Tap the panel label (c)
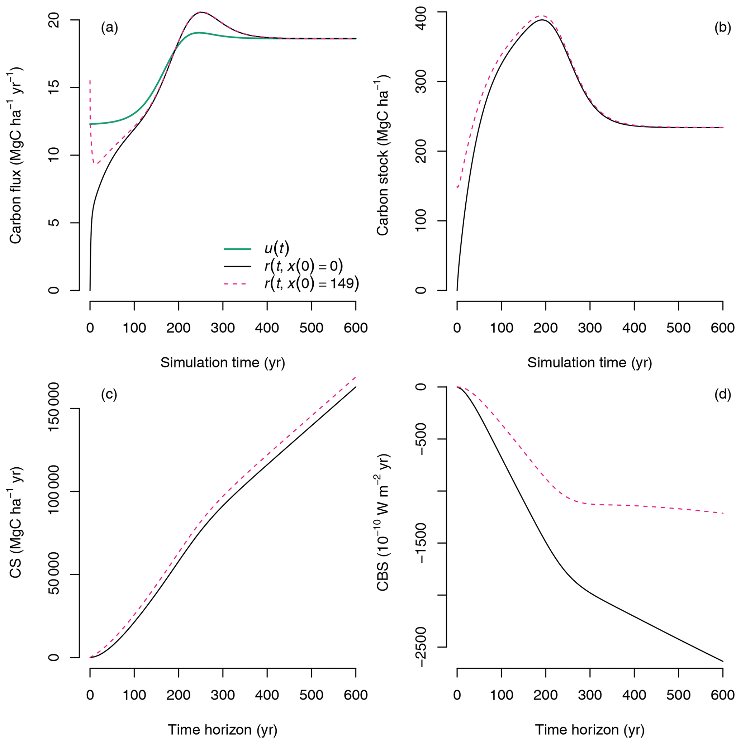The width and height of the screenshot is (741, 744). [x=109, y=394]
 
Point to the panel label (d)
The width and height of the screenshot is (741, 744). [x=722, y=394]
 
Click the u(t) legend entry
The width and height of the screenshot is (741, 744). [x=276, y=248]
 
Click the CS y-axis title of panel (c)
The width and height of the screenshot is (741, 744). [x=15, y=522]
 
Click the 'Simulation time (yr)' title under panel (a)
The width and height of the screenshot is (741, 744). [x=223, y=363]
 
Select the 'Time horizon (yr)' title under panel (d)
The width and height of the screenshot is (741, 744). [x=590, y=730]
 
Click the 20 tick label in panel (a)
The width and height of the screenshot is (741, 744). [x=55, y=20]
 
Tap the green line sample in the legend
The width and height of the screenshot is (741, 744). [x=238, y=249]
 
